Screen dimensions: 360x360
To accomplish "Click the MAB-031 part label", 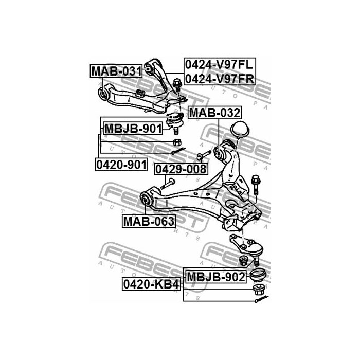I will click(116, 71).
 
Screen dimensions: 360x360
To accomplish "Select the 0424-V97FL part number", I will click(220, 65).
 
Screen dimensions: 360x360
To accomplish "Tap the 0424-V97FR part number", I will click(220, 79).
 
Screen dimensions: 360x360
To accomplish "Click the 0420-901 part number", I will click(121, 165).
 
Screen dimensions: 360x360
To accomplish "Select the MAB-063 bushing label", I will click(148, 221).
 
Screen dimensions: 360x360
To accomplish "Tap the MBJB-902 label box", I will click(215, 277).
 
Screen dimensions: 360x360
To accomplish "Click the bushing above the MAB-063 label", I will click(147, 199).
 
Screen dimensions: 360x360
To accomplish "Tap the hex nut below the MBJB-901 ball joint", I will click(175, 141).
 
